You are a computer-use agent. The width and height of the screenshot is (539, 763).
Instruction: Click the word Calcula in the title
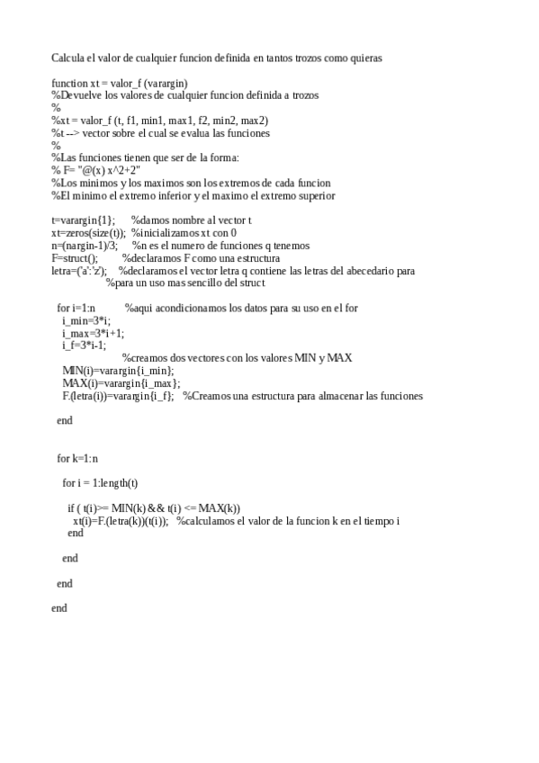tap(67, 58)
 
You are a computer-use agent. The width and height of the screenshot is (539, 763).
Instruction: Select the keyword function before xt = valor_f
tap(69, 83)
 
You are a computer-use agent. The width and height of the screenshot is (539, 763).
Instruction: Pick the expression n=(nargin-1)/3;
tap(85, 246)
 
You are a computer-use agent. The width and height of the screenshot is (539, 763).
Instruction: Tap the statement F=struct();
tap(74, 258)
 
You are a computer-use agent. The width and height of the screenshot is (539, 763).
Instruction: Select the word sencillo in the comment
tap(208, 283)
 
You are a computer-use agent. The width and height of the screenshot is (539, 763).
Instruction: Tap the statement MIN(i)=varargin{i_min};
tap(118, 371)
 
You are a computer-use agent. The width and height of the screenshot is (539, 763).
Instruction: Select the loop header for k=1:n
tap(77, 458)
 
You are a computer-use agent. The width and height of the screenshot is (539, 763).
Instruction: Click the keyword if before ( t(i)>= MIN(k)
tap(71, 508)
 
